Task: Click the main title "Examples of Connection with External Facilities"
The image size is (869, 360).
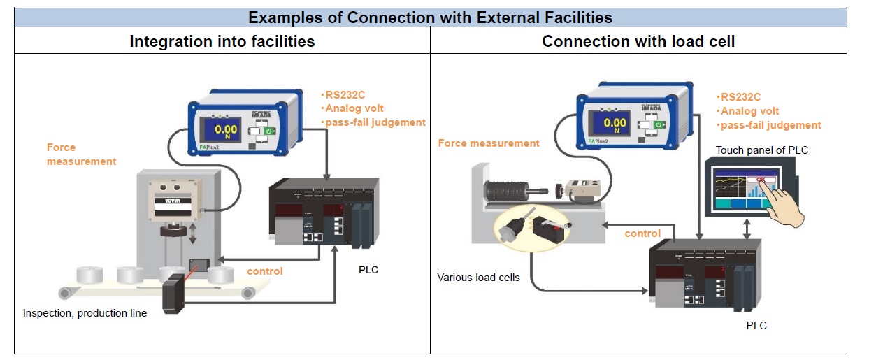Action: [430, 17]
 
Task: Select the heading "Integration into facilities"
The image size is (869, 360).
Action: [222, 41]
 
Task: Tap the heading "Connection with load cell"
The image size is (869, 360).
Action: [638, 41]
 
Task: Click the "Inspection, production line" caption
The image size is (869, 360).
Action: [85, 313]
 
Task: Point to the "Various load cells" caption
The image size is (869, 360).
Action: [478, 278]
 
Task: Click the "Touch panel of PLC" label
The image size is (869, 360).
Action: [762, 150]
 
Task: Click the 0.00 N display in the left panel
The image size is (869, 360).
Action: [226, 130]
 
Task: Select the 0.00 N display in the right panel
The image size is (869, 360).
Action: [615, 124]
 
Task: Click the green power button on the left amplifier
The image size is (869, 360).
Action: [270, 130]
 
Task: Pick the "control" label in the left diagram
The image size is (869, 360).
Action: [265, 271]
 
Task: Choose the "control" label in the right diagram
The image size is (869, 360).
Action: [642, 233]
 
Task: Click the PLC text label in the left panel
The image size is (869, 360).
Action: [368, 271]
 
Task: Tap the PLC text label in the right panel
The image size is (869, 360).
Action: [756, 325]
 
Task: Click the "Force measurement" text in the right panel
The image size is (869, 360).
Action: [489, 143]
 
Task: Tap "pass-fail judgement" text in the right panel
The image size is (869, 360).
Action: [770, 125]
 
